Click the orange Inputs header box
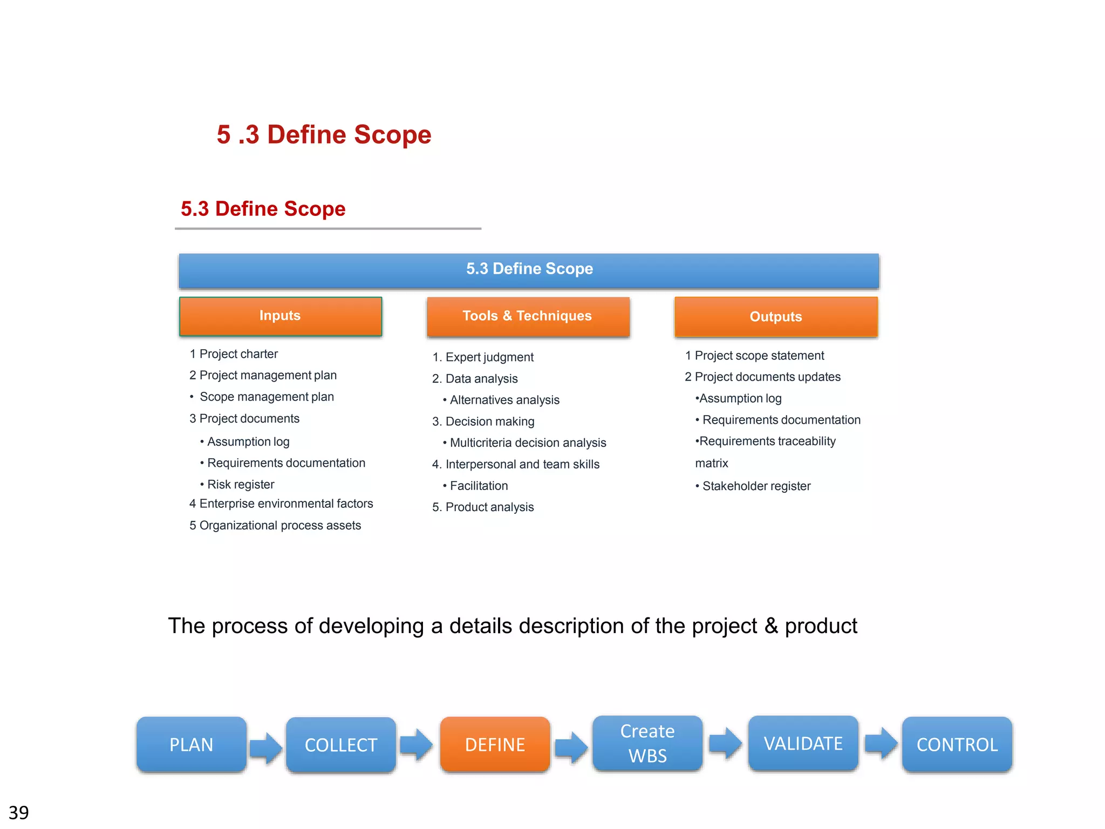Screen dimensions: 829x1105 pos(280,316)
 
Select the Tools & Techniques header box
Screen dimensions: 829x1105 pos(528,316)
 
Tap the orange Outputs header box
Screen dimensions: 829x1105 pos(776,317)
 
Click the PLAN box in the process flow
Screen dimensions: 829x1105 pos(192,745)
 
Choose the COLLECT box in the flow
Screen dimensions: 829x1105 pos(341,745)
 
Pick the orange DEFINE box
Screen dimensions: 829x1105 pos(495,745)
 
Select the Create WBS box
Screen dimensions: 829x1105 pos(647,744)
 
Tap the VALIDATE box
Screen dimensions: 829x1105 pos(803,744)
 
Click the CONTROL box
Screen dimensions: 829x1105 pos(957,745)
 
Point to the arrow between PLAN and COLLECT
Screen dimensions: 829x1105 pos(266,748)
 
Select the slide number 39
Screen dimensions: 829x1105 pos(19,812)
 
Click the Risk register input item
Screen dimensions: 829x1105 pos(241,485)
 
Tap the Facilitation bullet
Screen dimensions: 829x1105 pos(479,486)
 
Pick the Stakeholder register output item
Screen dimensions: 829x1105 pos(756,486)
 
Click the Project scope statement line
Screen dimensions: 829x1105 pos(759,356)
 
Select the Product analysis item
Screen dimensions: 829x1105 pos(489,507)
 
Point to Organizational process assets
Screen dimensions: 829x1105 pos(280,526)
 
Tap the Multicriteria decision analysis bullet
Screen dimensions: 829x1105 pos(528,443)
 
